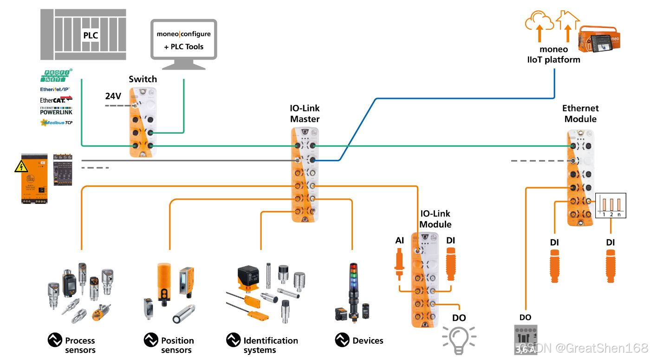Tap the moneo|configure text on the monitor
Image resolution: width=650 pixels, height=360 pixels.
pos(183,34)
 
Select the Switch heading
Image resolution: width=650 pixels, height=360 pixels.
pos(143,79)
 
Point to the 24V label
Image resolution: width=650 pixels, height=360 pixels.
pos(113,96)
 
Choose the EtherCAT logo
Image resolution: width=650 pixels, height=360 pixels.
pos(56,99)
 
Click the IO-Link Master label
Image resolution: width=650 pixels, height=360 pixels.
pos(305,114)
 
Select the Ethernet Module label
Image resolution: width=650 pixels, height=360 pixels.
pos(580,114)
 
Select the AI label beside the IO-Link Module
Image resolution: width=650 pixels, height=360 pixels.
pos(400,240)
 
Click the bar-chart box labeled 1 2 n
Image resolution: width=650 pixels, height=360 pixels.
pos(611,205)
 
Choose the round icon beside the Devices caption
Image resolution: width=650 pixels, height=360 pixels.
pos(342,340)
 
